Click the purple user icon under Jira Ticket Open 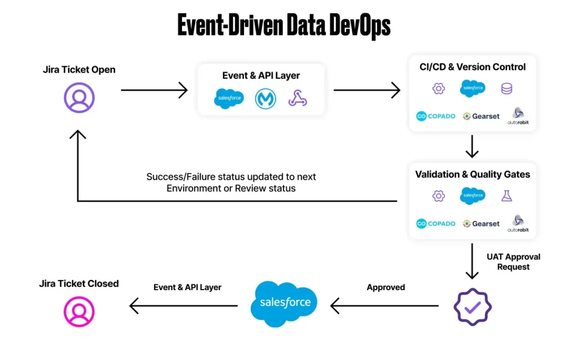(x=79, y=98)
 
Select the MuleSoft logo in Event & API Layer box (x=266, y=99)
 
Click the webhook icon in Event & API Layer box (x=298, y=99)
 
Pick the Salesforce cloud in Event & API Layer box (x=229, y=99)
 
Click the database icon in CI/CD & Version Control (x=506, y=89)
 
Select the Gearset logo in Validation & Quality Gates (x=481, y=224)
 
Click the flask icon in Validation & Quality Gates (x=506, y=195)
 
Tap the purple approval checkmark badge (x=472, y=306)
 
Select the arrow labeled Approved (x=385, y=305)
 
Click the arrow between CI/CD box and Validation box (x=472, y=147)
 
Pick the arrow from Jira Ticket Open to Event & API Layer (x=154, y=90)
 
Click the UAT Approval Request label (x=513, y=262)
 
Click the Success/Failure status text (x=231, y=182)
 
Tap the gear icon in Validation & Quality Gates (x=439, y=195)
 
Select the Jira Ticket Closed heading (x=79, y=283)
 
